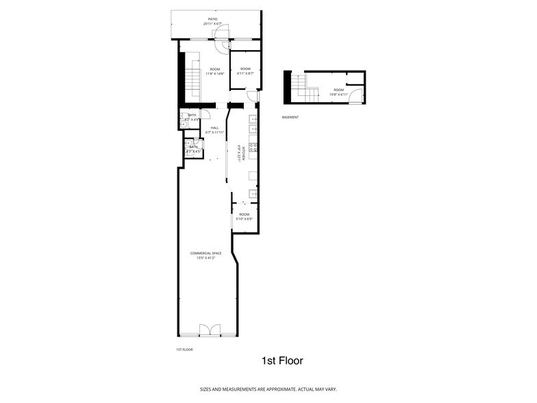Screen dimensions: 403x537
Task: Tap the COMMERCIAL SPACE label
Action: tap(205, 253)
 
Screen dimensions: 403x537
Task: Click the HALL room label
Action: tap(214, 127)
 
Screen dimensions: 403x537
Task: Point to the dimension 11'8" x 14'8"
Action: tap(215, 73)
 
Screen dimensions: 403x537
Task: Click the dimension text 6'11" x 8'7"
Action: tap(245, 73)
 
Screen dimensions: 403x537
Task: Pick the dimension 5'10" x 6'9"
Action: tap(245, 219)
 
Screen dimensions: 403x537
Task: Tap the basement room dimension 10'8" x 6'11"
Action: tap(339, 95)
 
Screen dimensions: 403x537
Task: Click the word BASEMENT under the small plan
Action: tap(290, 117)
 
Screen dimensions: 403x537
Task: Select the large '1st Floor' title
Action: tap(282, 361)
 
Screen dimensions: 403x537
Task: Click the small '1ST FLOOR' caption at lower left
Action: tap(184, 350)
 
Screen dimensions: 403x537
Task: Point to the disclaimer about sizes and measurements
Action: tap(268, 389)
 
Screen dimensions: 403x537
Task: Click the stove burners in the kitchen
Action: tap(253, 147)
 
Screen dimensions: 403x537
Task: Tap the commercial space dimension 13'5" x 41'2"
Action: tap(205, 258)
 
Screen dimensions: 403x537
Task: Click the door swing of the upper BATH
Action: tap(185, 114)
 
